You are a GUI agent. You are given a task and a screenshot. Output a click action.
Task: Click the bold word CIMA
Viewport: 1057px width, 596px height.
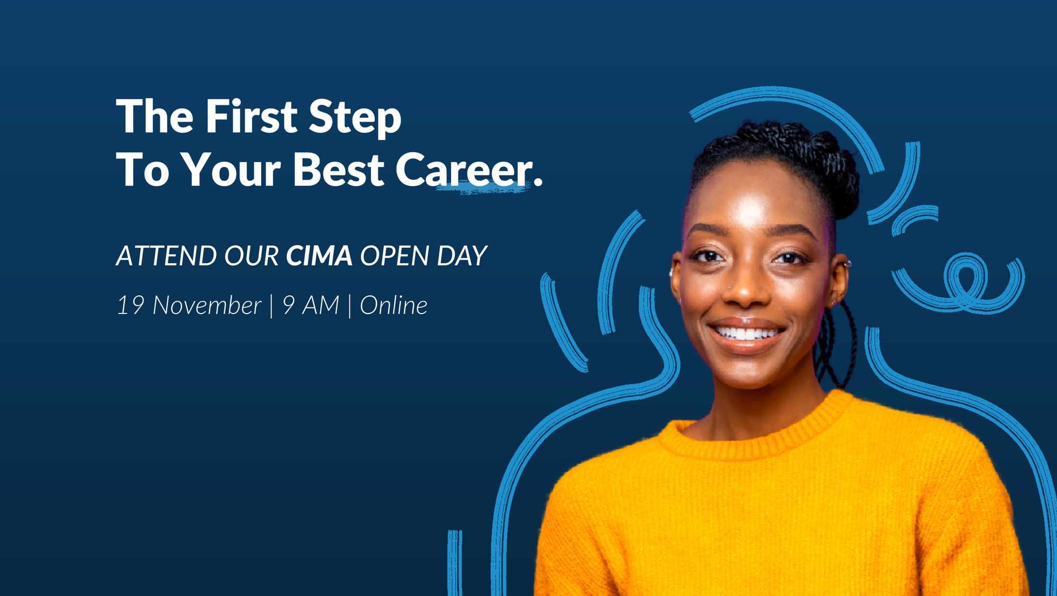(319, 255)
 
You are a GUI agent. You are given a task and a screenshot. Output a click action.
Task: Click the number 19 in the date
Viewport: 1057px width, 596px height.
(130, 305)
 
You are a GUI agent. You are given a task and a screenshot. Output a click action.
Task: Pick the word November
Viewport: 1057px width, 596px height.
(206, 305)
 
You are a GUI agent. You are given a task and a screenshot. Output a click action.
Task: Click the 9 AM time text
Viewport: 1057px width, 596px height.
(311, 305)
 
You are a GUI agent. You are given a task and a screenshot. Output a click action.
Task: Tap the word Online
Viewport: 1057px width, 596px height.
(393, 305)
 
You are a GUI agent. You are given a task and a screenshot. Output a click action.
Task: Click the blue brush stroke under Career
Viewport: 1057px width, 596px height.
(483, 189)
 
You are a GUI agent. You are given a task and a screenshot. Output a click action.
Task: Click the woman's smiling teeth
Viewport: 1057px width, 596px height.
(747, 333)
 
